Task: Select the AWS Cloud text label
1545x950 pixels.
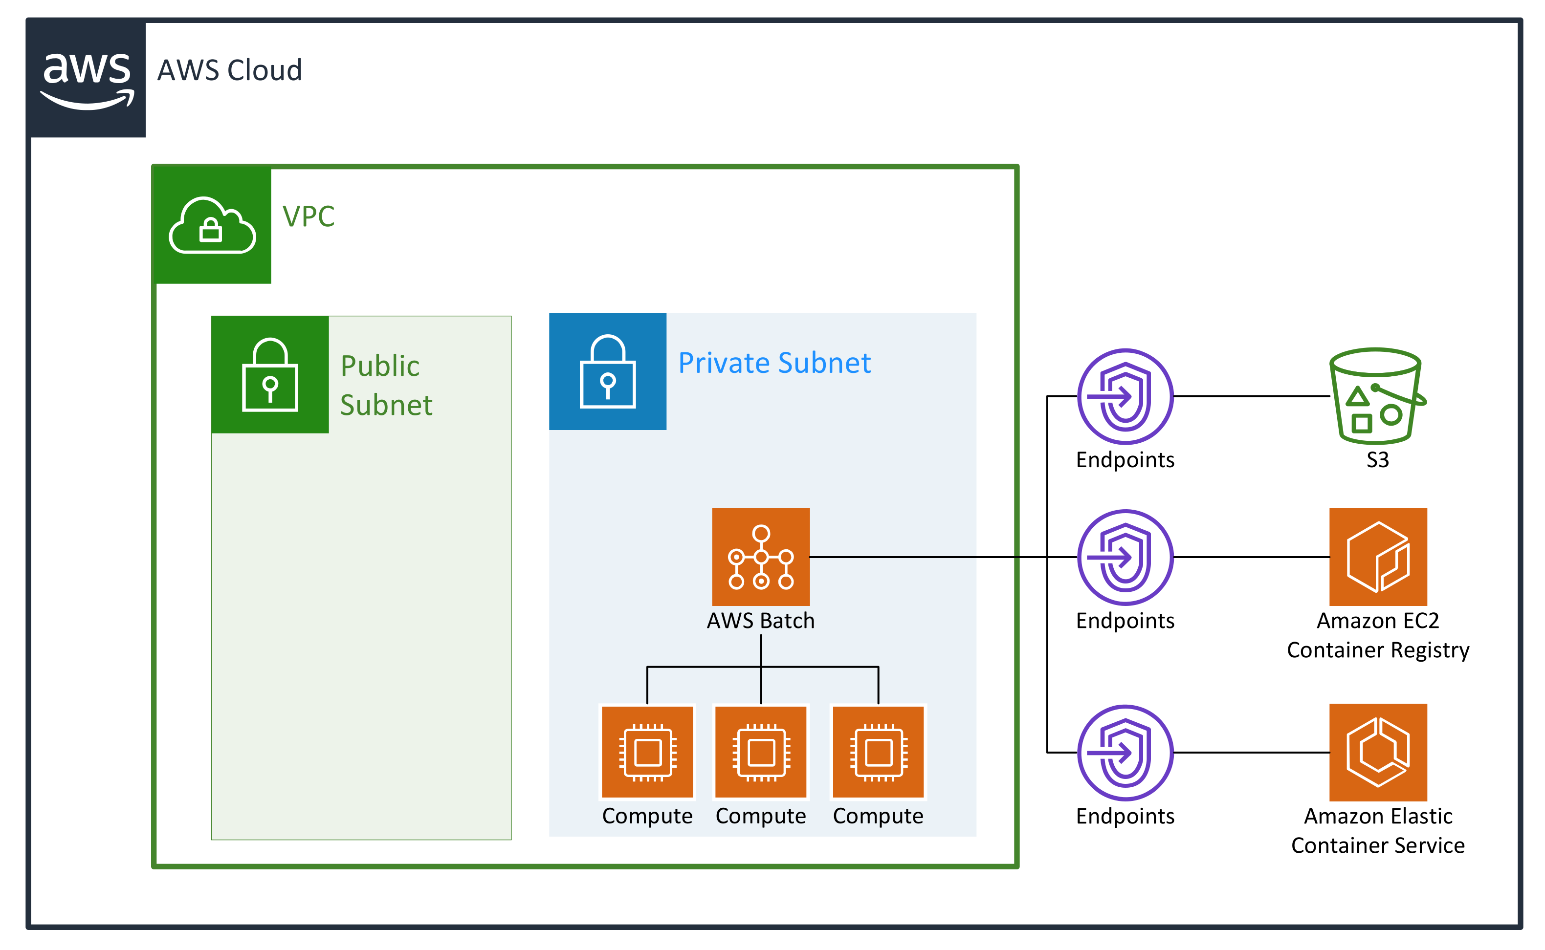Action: [x=229, y=70]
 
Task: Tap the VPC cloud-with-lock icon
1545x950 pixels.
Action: [x=213, y=226]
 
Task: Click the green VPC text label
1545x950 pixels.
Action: [x=308, y=217]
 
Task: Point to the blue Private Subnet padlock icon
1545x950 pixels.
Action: [x=607, y=371]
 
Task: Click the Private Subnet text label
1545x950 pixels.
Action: [x=774, y=363]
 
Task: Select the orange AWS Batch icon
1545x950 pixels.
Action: [x=761, y=557]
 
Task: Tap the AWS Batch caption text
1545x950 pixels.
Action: [x=761, y=621]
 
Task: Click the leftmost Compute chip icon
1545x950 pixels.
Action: [x=647, y=752]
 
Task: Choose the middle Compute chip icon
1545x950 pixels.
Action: [x=761, y=752]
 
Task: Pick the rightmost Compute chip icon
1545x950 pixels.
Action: [x=878, y=752]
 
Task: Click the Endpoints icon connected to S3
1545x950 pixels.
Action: [x=1125, y=396]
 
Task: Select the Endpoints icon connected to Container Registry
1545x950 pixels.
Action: [x=1125, y=557]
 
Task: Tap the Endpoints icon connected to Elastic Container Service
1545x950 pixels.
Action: [x=1125, y=752]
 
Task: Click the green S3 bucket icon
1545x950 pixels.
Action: [x=1376, y=396]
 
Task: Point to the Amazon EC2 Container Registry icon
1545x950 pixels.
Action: [x=1378, y=557]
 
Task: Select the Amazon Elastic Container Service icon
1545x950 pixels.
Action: [x=1378, y=752]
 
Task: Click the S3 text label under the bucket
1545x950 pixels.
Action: [x=1377, y=460]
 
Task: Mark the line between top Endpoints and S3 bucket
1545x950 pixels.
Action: [x=1251, y=396]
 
